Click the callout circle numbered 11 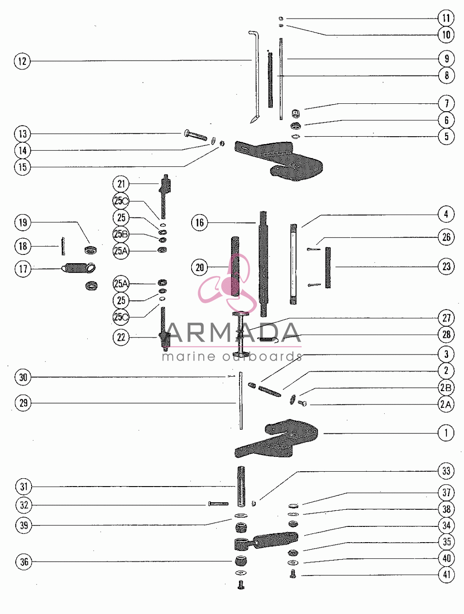point(446,18)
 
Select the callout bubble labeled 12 point(22,61)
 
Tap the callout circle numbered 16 point(200,223)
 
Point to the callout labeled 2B point(446,387)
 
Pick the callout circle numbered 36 point(24,562)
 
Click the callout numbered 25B point(121,234)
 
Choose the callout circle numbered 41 point(446,575)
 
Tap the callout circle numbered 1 point(446,433)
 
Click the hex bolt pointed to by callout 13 point(196,135)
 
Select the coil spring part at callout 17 point(79,268)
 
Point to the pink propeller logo point(227,283)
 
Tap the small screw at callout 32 point(219,504)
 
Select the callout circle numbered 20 point(200,267)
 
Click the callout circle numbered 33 point(446,471)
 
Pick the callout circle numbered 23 point(446,266)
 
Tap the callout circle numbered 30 point(23,377)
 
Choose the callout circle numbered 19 point(23,223)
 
